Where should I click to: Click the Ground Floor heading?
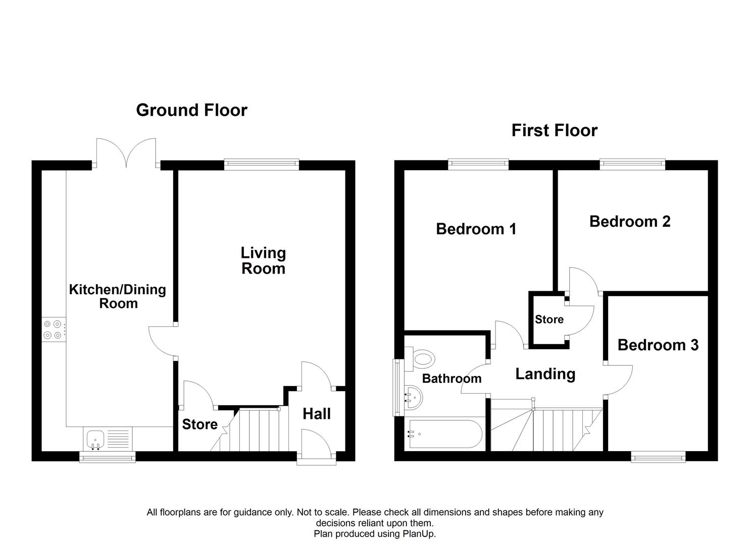191,110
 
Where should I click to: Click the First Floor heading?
554,130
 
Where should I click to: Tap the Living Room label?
263,260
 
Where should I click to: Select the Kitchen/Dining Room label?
118,296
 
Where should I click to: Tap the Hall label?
317,414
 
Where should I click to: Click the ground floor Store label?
199,424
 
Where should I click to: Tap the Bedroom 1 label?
476,229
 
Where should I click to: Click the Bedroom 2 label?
630,222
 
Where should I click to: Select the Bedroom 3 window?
658,458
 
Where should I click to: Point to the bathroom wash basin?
414,397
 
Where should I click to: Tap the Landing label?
545,374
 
